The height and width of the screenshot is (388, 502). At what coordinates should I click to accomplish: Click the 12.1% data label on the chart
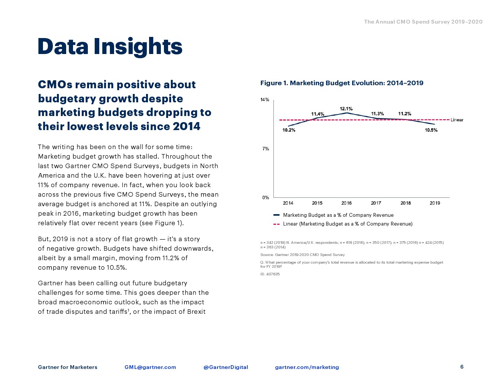point(346,109)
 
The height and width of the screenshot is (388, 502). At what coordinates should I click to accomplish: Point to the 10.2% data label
point(289,130)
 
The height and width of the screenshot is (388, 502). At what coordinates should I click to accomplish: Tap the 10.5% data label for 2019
point(431,130)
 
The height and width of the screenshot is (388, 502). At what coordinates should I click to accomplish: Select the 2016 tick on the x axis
point(346,203)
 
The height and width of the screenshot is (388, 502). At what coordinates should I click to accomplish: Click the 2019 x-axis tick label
point(435,203)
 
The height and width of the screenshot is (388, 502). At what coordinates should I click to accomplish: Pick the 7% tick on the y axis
point(265,149)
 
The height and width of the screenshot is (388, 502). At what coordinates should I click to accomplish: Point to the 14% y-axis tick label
point(265,100)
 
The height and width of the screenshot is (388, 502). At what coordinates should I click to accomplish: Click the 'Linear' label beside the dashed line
point(457,120)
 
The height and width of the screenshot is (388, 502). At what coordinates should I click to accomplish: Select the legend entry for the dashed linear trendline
point(347,224)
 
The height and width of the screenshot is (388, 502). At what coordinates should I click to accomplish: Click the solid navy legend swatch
point(276,215)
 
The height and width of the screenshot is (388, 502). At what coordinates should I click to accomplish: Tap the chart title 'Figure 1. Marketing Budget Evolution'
point(342,83)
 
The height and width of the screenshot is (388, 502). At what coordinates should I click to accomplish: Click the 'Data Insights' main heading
point(110,46)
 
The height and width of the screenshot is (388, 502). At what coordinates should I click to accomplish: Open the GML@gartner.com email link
point(150,367)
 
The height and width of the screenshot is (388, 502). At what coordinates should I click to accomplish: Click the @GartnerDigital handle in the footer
point(226,367)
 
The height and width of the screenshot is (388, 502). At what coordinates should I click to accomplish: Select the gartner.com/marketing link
point(307,367)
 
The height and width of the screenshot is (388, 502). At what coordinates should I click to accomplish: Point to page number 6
point(462,367)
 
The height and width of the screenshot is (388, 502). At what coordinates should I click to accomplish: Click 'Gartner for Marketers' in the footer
point(68,367)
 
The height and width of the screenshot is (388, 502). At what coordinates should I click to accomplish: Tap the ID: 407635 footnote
point(270,274)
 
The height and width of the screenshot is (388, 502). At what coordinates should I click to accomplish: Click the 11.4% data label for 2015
point(318,114)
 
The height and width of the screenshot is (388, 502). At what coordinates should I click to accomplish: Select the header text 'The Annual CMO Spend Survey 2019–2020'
point(423,22)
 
